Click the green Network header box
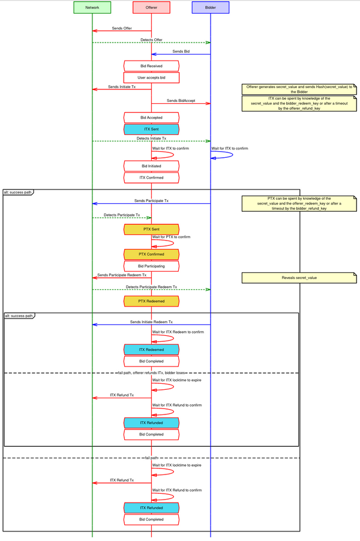92,7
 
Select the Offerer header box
151,7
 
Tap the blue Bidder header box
210,7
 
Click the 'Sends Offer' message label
122,28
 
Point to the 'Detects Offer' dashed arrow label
151,40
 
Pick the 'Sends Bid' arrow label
182,52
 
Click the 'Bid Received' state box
151,65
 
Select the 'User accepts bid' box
151,77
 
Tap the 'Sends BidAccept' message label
181,100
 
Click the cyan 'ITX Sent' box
151,129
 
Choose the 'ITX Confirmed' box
151,178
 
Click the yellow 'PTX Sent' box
151,229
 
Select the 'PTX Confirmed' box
151,254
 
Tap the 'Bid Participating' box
151,266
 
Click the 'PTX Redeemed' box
151,300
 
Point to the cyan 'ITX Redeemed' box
151,349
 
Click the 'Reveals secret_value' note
299,278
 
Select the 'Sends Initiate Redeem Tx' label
151,321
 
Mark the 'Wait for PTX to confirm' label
171,237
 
